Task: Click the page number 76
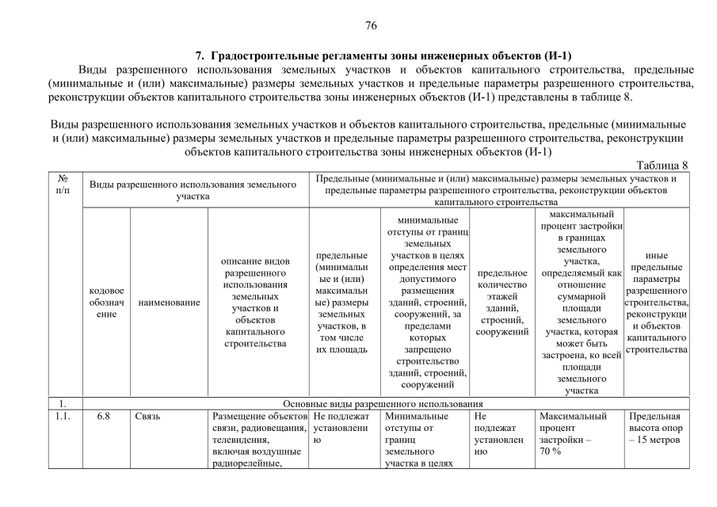point(371,25)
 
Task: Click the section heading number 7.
point(199,55)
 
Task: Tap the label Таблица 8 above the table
point(662,165)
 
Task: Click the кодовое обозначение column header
point(107,302)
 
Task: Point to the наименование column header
point(169,302)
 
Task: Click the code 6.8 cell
point(103,416)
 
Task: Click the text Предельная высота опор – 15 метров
point(654,428)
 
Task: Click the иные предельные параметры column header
point(656,302)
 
